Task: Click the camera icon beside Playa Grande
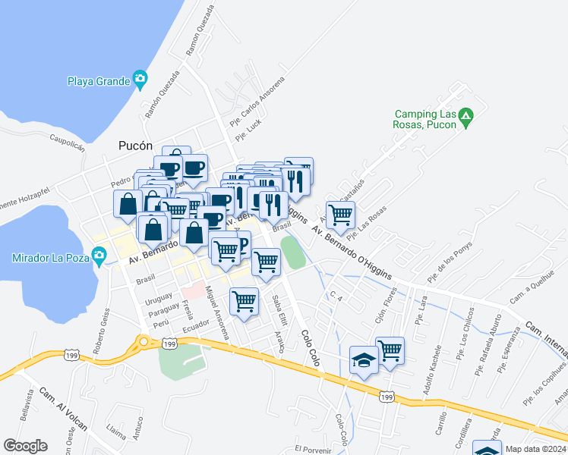tap(140, 80)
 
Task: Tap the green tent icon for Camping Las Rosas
tap(467, 119)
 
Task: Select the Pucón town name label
tap(136, 146)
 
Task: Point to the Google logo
tap(25, 445)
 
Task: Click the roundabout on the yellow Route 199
tap(143, 343)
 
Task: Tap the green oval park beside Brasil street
tap(292, 253)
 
